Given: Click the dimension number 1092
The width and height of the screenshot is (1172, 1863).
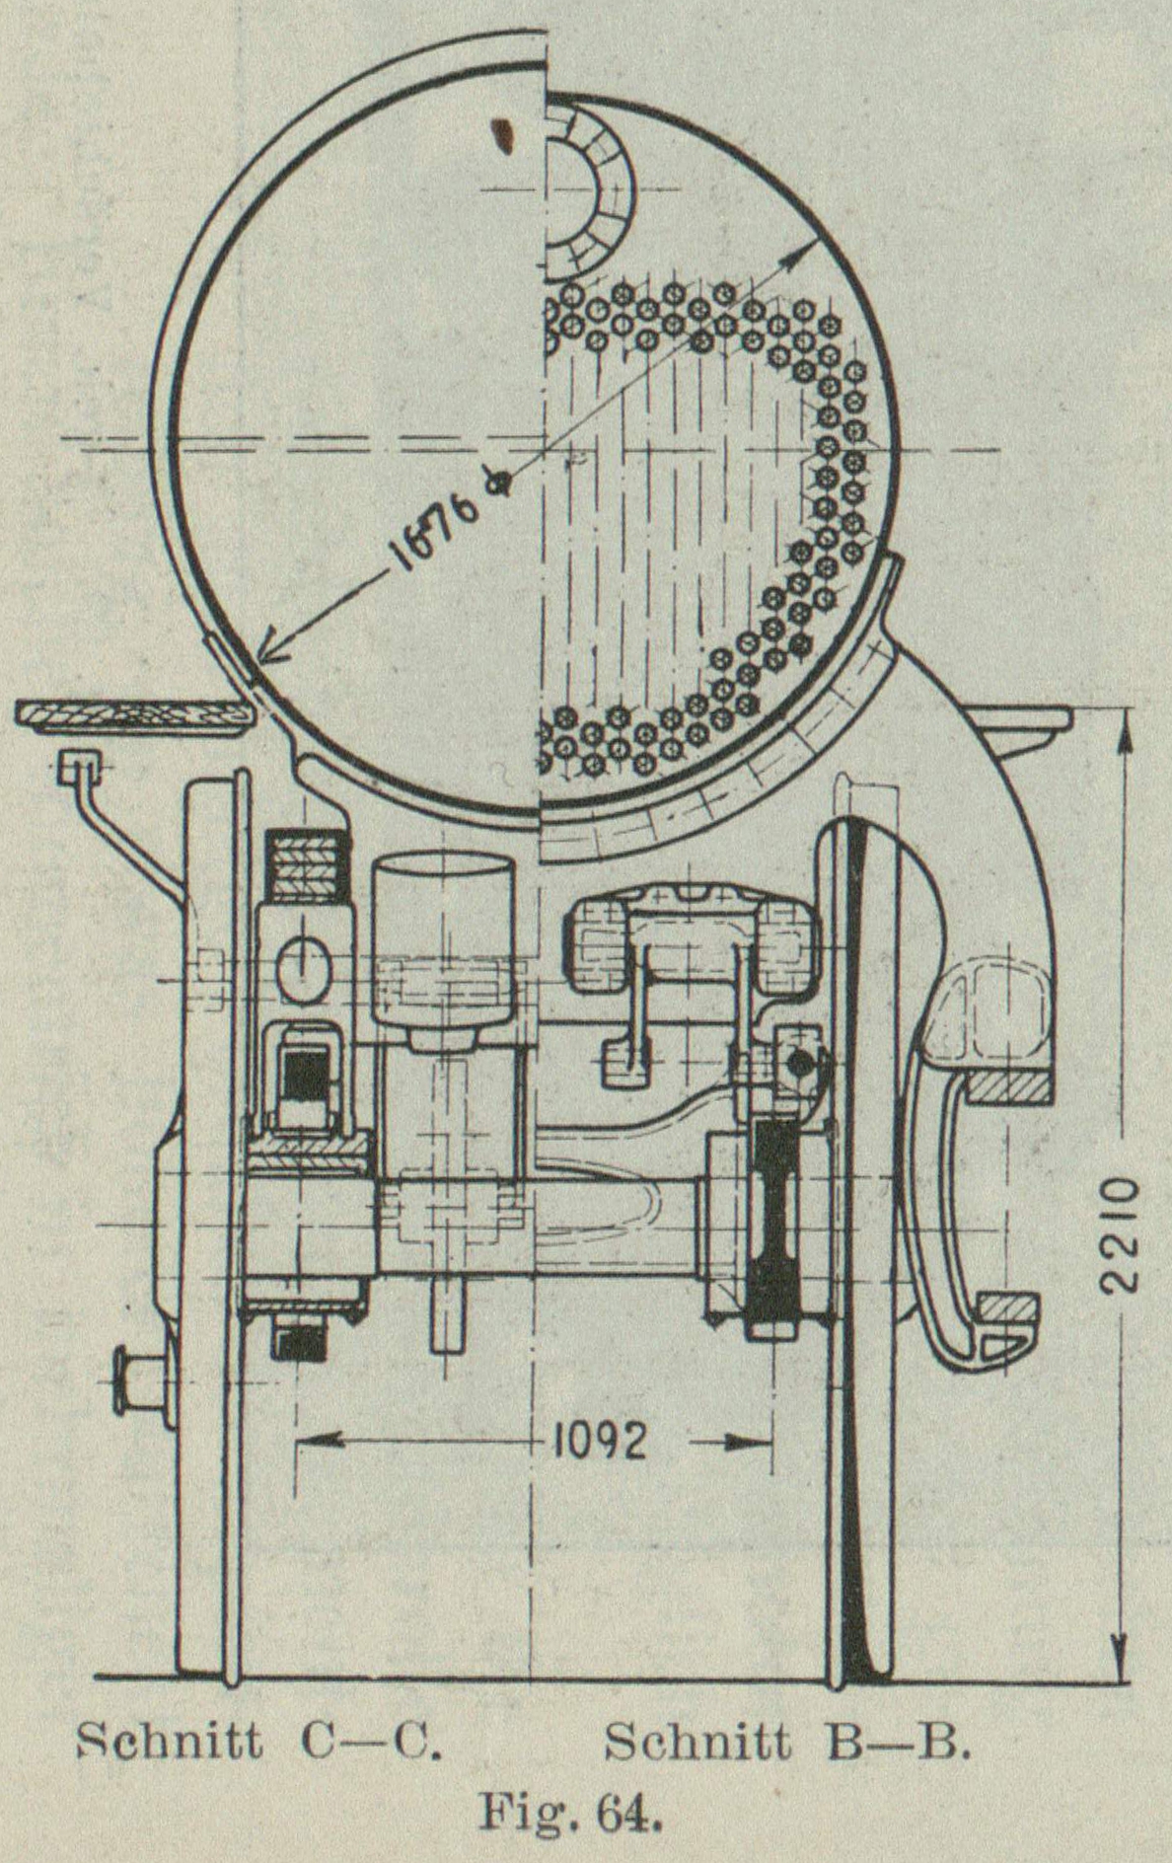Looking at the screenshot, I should point(599,1442).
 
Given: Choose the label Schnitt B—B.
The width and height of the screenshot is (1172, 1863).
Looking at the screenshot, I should point(787,1742).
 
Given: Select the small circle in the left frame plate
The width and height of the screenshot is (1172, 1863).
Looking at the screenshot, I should point(306,965).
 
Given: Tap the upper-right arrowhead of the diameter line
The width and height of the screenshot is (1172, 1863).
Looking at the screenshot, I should point(811,246).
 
